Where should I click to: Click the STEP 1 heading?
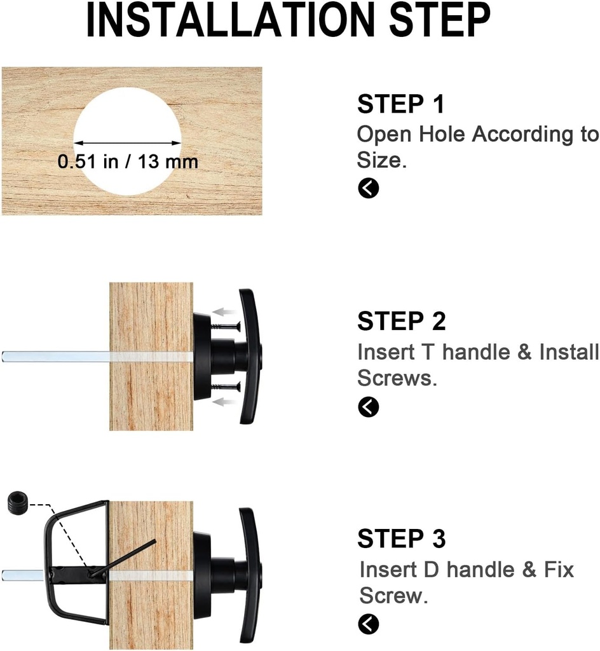(401, 104)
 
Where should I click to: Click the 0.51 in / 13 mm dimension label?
(128, 161)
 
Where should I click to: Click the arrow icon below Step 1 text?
(368, 188)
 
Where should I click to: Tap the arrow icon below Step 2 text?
(368, 407)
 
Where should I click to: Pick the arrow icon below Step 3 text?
(368, 624)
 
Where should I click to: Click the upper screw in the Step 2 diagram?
(226, 327)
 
